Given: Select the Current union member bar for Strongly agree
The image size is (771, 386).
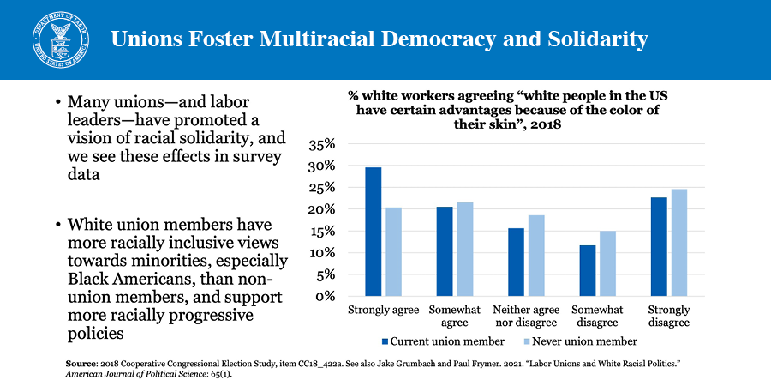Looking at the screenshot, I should click(374, 232).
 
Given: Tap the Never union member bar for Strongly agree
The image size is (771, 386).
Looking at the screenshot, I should click(393, 252).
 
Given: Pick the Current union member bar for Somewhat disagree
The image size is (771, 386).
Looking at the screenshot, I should click(587, 271).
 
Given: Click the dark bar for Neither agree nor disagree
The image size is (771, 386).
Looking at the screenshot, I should click(516, 262).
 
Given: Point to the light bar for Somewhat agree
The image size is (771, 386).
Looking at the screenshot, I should click(465, 250).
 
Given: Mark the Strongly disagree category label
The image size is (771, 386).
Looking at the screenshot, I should click(669, 315).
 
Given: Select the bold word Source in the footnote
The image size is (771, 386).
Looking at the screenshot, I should click(81, 365).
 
